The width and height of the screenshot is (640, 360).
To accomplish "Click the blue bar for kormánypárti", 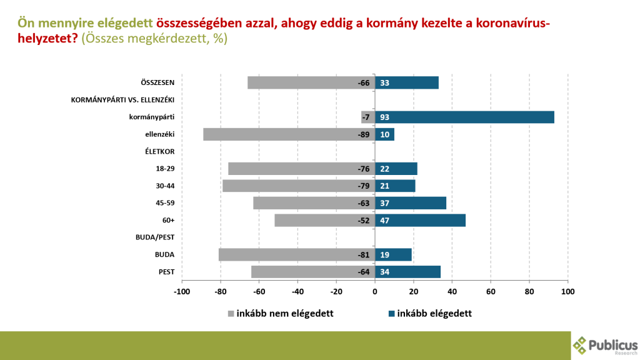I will [464, 117].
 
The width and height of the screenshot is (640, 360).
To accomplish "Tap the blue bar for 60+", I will [420, 220].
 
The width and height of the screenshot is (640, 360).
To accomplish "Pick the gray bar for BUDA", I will [297, 254].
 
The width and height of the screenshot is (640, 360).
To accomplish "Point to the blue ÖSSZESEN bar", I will [407, 82].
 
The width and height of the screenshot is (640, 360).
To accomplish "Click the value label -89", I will [362, 134].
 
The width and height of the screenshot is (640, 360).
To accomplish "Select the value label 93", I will [385, 117].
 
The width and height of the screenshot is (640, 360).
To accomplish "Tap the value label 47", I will [385, 220].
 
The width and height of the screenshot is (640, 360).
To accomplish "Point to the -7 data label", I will [366, 117].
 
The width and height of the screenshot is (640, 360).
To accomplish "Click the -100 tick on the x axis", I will [182, 291].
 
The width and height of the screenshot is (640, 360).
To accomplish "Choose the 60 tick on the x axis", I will [491, 291].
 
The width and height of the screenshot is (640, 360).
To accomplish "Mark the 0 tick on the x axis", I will [375, 291].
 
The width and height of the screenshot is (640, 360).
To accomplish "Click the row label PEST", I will [164, 272].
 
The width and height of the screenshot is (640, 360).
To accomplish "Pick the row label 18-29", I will [165, 169].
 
